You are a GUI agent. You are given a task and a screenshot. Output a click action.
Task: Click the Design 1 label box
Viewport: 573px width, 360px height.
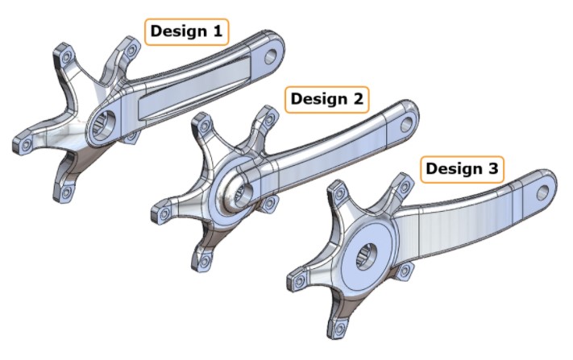point(186,32)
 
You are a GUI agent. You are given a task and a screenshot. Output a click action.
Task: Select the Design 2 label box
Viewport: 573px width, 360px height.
point(327,100)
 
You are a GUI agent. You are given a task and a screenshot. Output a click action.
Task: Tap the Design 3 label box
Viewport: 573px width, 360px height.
point(462,169)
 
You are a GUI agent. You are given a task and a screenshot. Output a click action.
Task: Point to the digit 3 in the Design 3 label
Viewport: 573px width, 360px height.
point(493,169)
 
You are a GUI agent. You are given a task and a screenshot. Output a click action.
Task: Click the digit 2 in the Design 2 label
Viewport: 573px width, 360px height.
point(358,99)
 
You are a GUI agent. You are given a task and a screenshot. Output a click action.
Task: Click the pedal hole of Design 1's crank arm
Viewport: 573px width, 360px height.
point(271,56)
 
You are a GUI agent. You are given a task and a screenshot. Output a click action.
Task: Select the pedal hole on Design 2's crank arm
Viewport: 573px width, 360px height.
point(406,125)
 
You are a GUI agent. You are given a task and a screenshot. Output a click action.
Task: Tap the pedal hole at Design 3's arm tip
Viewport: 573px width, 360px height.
point(543,192)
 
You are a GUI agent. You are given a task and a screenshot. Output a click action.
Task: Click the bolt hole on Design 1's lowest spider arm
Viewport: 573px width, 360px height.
point(66,192)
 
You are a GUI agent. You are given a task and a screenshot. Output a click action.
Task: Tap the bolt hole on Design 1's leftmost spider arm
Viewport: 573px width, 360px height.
point(26,145)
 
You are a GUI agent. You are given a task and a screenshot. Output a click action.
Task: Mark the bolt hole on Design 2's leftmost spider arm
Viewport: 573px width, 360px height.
point(164,213)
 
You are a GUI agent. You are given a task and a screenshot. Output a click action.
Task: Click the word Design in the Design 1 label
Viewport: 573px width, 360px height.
point(175,32)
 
